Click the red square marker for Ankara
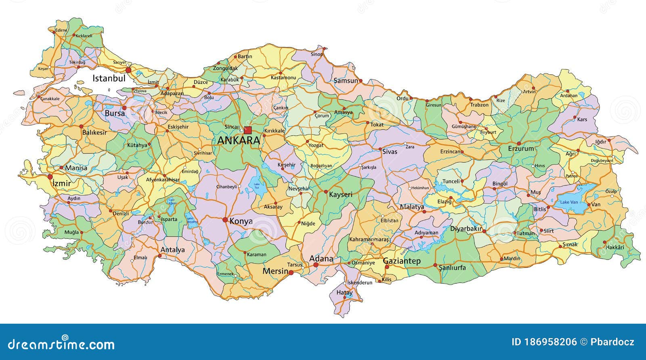click(x=248, y=130)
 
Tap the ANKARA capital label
click(x=238, y=140)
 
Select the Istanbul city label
click(x=109, y=78)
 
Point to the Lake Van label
click(x=569, y=202)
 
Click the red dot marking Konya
click(x=225, y=220)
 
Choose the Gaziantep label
click(x=401, y=261)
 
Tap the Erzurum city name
click(x=521, y=149)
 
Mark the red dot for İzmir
click(x=50, y=177)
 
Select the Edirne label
click(x=61, y=30)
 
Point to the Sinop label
click(x=317, y=54)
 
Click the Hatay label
click(x=344, y=292)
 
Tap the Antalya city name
click(x=172, y=250)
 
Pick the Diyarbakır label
click(x=466, y=228)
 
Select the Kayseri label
click(x=340, y=195)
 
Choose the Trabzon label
click(x=479, y=105)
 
